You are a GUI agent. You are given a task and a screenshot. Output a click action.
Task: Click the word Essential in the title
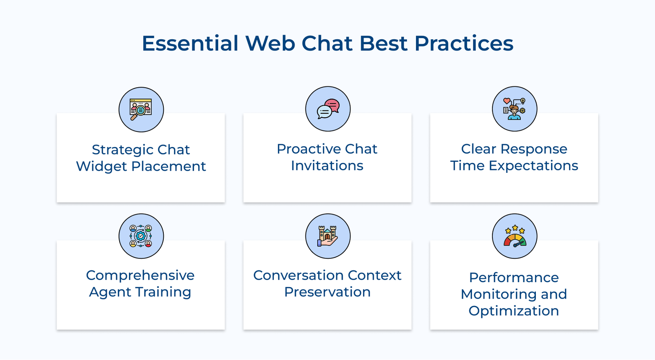pos(190,43)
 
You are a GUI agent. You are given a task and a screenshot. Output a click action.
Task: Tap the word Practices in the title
pos(464,43)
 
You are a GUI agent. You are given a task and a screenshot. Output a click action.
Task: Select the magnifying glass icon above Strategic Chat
pos(141,109)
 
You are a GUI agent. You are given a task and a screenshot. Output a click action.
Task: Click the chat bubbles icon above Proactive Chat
pos(327,109)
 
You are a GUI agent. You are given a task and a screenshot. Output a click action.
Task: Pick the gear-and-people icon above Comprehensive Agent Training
pos(141,236)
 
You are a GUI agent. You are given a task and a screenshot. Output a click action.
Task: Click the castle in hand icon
pos(327,236)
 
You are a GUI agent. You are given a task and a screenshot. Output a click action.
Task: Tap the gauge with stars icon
pos(515,236)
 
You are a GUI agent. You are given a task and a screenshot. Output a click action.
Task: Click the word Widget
pos(102,167)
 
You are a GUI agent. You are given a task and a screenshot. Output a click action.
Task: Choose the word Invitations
pos(327,166)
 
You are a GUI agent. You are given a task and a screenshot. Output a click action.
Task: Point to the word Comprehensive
pos(140,275)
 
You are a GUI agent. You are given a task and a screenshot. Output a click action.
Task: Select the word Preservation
pos(327,292)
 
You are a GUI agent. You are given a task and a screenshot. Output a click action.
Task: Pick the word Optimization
pos(514,311)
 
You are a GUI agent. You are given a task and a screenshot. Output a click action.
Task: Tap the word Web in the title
pos(270,43)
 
